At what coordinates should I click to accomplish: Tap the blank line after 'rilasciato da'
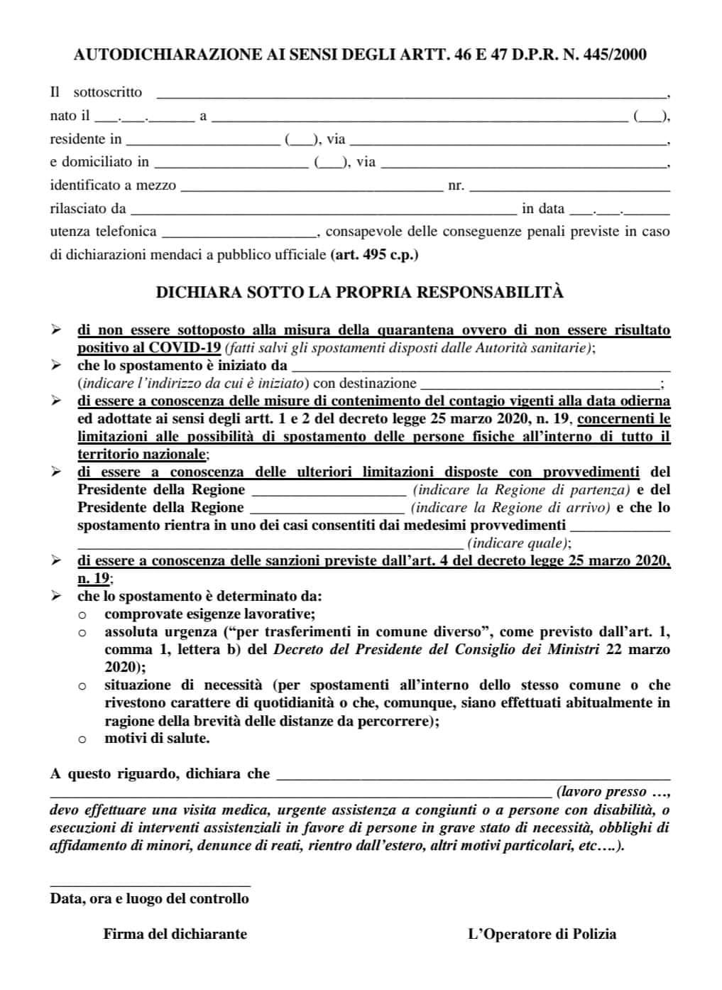(324, 212)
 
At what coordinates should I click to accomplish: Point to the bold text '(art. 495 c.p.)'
(374, 254)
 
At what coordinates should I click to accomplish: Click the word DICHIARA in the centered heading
(198, 292)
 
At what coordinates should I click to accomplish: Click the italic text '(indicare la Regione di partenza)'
(521, 490)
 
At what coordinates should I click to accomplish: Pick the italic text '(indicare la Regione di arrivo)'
(510, 508)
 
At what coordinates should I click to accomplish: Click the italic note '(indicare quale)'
(518, 543)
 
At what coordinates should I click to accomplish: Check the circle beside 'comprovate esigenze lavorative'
(82, 615)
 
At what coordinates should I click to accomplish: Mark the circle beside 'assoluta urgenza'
(82, 633)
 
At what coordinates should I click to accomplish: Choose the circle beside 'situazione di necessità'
(82, 686)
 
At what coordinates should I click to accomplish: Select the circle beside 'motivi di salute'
(82, 739)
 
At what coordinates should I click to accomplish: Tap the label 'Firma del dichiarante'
(175, 934)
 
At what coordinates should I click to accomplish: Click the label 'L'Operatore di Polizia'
(542, 934)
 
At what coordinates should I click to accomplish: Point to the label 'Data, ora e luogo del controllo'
(149, 898)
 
